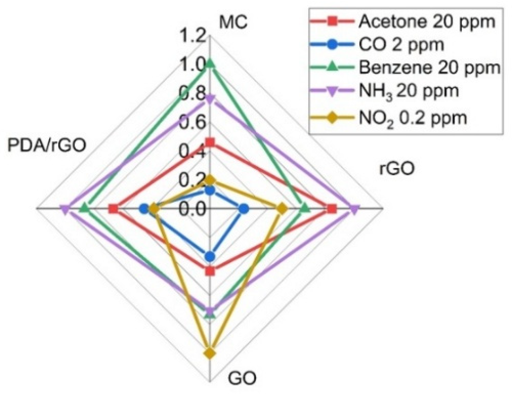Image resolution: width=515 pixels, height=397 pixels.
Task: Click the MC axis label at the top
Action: [233, 23]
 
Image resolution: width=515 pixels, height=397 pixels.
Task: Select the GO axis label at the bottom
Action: [242, 378]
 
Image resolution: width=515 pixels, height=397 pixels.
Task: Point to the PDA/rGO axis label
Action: [47, 145]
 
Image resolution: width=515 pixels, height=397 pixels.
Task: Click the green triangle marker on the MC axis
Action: [210, 64]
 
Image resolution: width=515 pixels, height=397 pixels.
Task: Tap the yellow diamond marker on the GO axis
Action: [210, 353]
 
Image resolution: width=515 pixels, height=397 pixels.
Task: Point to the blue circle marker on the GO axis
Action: [210, 256]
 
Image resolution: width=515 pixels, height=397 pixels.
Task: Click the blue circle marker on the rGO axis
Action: [244, 208]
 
